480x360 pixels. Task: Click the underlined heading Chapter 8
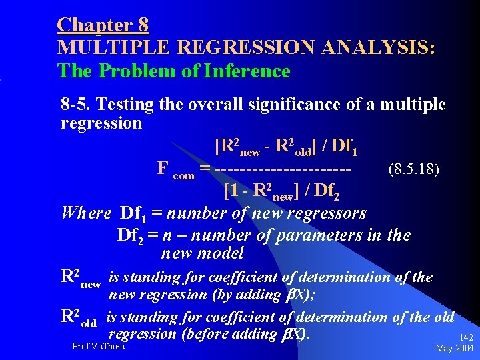[103, 25]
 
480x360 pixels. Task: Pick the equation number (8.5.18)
[413, 169]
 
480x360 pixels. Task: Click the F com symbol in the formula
[175, 169]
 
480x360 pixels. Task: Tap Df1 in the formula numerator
[344, 146]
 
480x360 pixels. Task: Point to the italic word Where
[86, 213]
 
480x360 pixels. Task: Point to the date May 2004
[455, 349]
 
